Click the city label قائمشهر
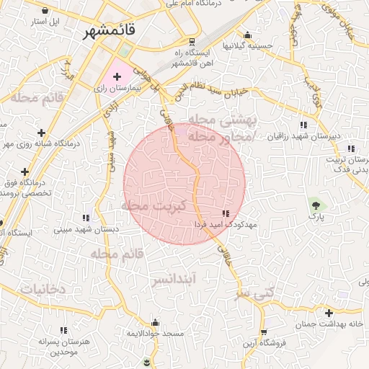coord(110,32)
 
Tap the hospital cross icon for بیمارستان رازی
coord(117,76)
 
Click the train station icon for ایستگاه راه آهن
coord(191,41)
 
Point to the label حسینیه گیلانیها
coord(247,45)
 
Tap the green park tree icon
coord(314,204)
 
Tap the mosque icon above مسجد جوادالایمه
coord(154,323)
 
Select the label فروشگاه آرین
coord(264,343)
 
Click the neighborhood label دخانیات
coord(43,289)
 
